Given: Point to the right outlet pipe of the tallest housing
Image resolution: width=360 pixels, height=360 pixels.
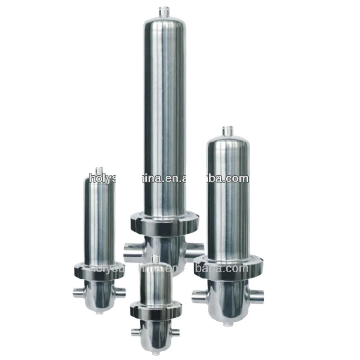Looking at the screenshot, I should click(194, 250).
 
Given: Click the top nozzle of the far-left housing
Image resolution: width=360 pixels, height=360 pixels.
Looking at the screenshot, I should click(99, 170).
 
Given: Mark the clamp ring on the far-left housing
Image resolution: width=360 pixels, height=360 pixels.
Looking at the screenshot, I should click(99, 270).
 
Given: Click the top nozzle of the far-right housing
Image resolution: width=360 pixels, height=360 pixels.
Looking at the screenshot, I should click(227, 131).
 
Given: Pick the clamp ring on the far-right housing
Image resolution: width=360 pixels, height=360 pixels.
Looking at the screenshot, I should click(227, 265).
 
